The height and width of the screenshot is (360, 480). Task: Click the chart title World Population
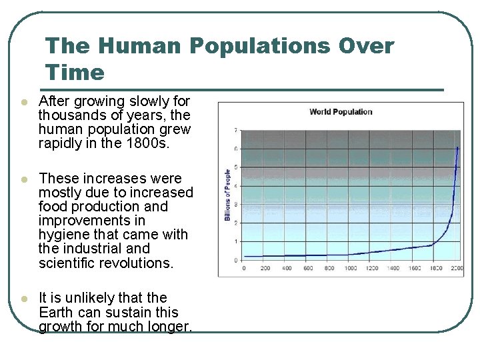[341, 111]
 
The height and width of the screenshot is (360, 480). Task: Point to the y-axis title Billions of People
[227, 195]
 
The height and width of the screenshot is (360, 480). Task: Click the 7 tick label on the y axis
[234, 129]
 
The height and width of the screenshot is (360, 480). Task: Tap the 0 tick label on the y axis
[234, 260]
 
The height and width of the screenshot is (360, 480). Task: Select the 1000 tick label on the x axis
[350, 268]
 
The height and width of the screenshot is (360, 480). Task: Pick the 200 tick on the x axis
[265, 268]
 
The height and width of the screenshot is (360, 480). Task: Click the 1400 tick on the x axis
[393, 268]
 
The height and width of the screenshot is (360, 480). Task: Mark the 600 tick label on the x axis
[308, 268]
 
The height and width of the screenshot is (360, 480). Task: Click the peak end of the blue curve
[457, 147]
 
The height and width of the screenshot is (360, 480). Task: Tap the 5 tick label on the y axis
[234, 167]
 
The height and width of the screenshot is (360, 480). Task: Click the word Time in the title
[75, 72]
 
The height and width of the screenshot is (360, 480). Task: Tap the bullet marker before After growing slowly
[23, 103]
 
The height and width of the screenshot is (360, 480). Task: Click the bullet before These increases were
[23, 180]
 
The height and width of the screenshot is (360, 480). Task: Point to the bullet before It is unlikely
[23, 299]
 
